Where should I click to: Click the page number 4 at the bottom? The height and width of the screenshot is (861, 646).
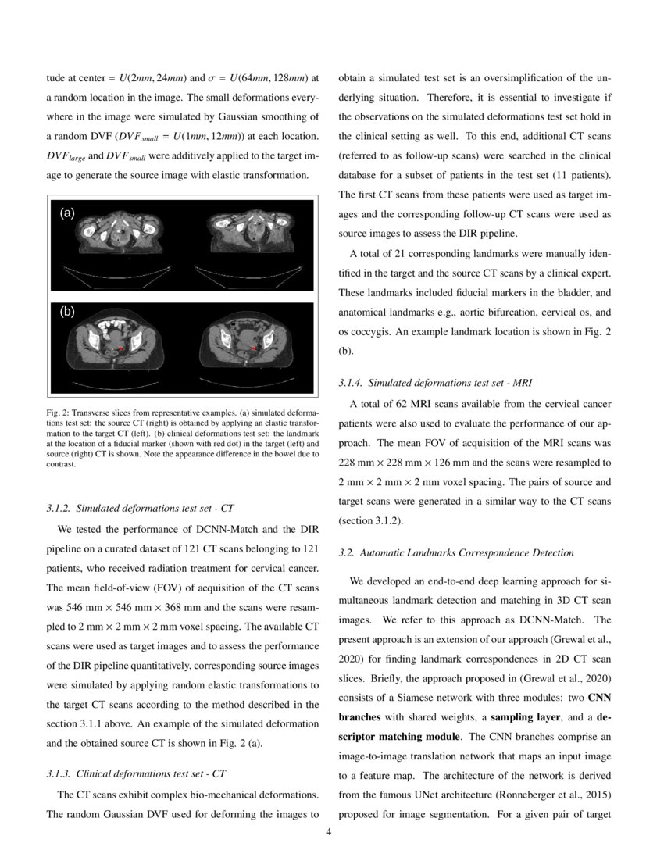point(328,831)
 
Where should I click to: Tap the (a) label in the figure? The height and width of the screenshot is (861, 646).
point(68,213)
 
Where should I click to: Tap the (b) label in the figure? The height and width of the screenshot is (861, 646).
point(68,311)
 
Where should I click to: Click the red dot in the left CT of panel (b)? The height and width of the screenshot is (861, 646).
point(120,348)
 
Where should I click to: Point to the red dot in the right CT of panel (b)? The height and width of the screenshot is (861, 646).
point(252,348)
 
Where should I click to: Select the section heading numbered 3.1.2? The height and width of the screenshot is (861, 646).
point(141,508)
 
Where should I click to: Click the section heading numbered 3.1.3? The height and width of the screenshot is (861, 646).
point(137,774)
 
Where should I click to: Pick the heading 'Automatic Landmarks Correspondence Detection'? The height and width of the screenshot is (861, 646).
point(456,552)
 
